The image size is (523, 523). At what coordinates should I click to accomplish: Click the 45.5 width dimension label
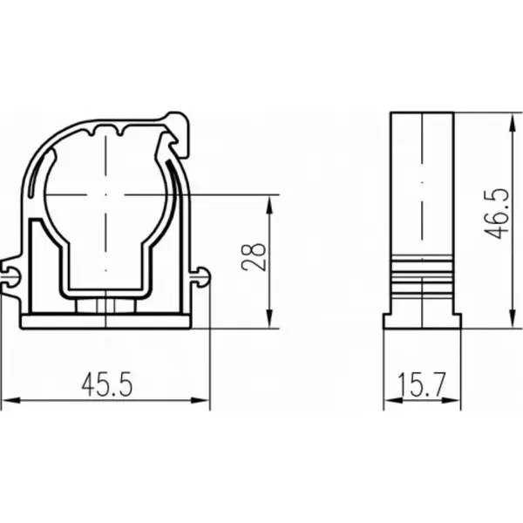[107, 384]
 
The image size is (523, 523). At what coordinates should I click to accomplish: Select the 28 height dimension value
[255, 257]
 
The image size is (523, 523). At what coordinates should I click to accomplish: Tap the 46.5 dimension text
[497, 214]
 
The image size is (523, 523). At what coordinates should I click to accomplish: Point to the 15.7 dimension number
[422, 384]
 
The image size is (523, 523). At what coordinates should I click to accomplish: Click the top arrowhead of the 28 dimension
[270, 204]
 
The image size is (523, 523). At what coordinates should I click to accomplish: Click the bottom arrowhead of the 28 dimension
[270, 319]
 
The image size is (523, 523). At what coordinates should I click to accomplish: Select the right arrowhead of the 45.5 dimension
[200, 400]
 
